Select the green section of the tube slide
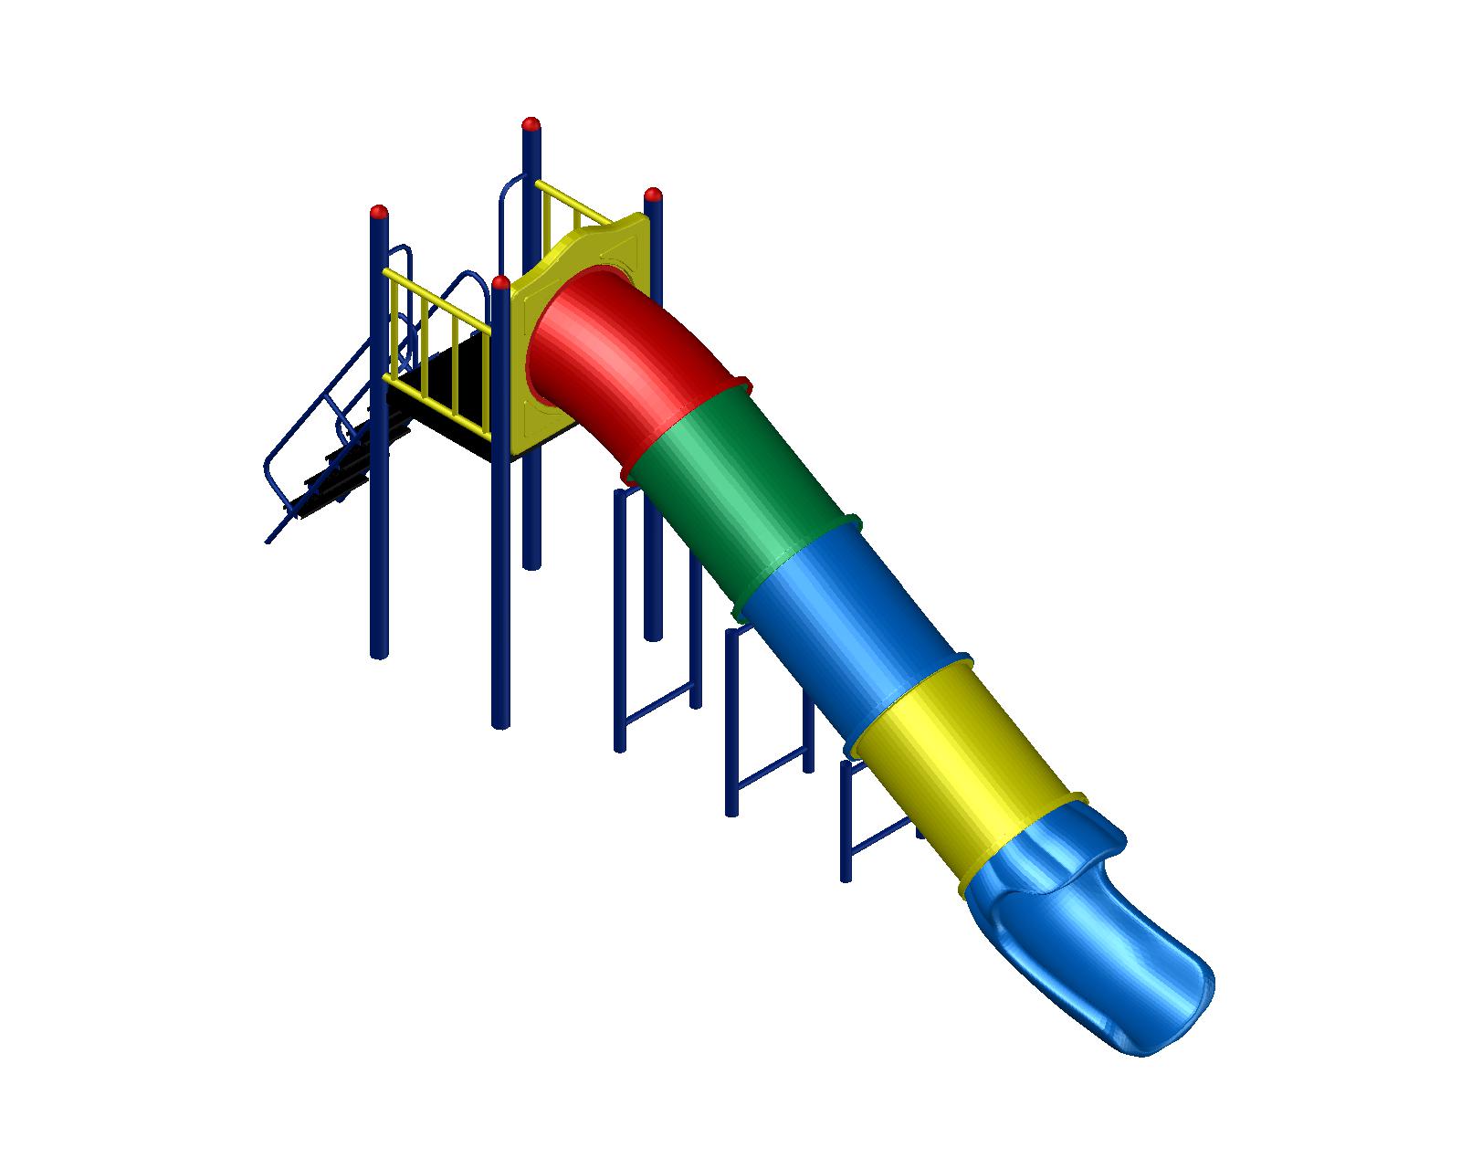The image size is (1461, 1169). (740, 484)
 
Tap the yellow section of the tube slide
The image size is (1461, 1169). (968, 767)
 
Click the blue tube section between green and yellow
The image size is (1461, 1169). (849, 621)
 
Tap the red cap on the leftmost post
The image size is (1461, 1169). (379, 213)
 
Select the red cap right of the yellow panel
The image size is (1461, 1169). (653, 195)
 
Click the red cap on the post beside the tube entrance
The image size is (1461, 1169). (500, 282)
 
